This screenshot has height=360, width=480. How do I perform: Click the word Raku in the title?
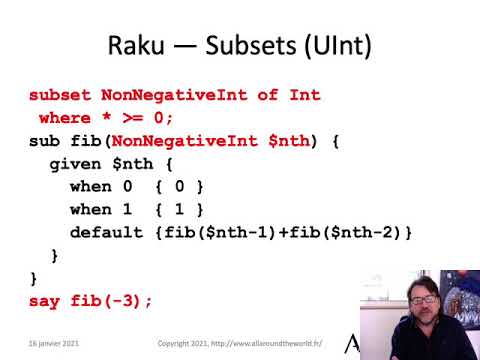tap(139, 46)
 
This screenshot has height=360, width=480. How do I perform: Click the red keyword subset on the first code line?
tap(61, 95)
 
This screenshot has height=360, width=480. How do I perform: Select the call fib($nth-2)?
tap(344, 233)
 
